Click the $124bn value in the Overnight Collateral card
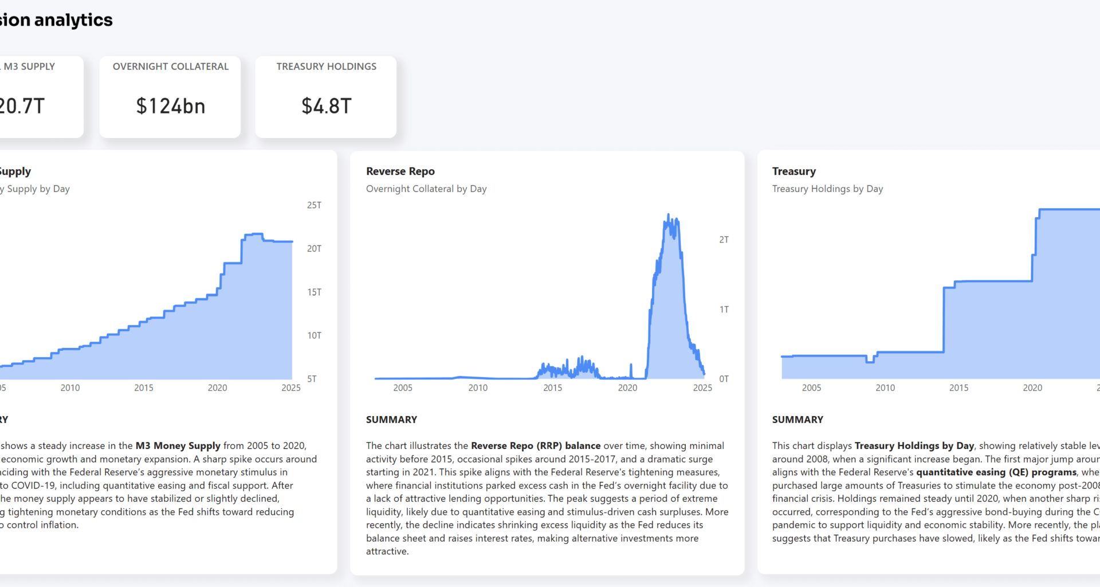pyautogui.click(x=170, y=106)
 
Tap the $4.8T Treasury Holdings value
pyautogui.click(x=326, y=106)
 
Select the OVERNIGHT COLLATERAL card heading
pyautogui.click(x=170, y=66)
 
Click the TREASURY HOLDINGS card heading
pyautogui.click(x=326, y=66)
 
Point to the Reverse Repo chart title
pyautogui.click(x=400, y=171)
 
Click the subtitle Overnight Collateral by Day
pyautogui.click(x=426, y=189)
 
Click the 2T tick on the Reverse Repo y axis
pyautogui.click(x=724, y=240)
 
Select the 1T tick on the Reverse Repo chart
pyautogui.click(x=724, y=310)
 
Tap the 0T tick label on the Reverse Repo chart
pyautogui.click(x=724, y=379)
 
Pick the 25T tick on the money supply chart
pyautogui.click(x=314, y=205)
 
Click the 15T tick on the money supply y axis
pyautogui.click(x=314, y=292)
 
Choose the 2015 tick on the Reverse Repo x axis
pyautogui.click(x=552, y=388)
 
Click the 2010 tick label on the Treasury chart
pyautogui.click(x=885, y=388)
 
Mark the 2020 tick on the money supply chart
pyautogui.click(x=217, y=388)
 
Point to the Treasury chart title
pyautogui.click(x=793, y=171)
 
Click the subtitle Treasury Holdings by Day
pyautogui.click(x=827, y=189)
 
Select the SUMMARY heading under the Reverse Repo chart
pyautogui.click(x=391, y=420)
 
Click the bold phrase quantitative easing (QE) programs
pyautogui.click(x=996, y=472)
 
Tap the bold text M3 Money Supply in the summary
pyautogui.click(x=178, y=446)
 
